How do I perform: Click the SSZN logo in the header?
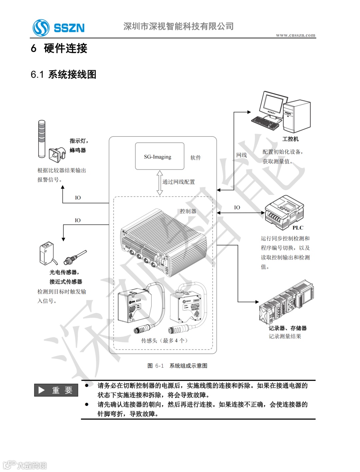(59, 28)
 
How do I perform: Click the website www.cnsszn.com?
(295, 35)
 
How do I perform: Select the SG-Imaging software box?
(159, 156)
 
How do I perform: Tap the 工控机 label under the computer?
(290, 139)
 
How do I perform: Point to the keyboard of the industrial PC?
(265, 122)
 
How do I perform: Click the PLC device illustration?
(284, 211)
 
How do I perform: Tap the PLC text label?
(298, 228)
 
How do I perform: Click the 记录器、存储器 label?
(288, 328)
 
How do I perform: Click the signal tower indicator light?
(42, 138)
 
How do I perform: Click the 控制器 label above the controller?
(188, 211)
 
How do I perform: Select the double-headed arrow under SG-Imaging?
(160, 183)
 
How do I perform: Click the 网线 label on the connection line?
(241, 155)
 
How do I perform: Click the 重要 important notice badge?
(56, 390)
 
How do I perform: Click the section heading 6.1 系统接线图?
(63, 74)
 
